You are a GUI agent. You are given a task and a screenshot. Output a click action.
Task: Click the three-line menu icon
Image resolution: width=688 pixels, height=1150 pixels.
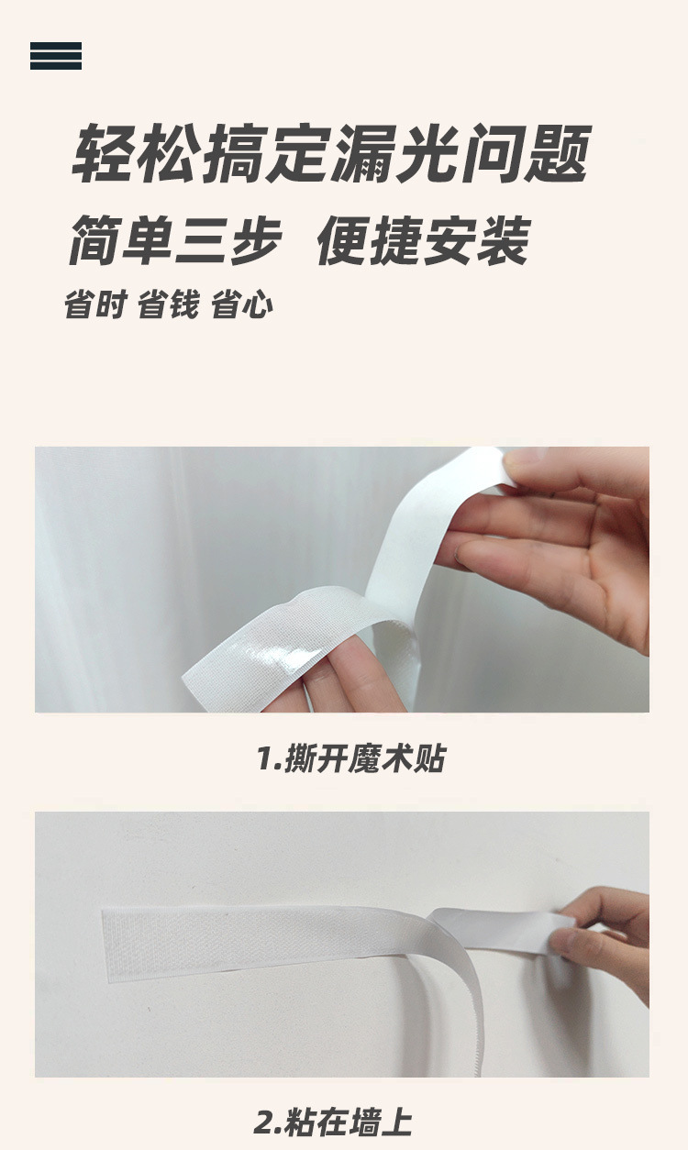pos(55,55)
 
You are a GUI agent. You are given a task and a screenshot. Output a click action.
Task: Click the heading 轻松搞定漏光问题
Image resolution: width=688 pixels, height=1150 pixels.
pos(331,153)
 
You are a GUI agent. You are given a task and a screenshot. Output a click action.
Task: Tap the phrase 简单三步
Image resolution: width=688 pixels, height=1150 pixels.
pos(174,239)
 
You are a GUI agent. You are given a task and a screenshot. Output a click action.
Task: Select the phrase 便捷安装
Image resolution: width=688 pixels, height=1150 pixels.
pos(423,239)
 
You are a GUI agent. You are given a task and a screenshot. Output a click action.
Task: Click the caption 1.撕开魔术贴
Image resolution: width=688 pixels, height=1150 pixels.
pos(351,757)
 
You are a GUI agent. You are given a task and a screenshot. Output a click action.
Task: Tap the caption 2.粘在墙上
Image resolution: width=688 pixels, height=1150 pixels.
pos(333,1121)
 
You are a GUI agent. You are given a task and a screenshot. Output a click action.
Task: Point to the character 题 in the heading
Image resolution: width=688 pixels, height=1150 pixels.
pos(559,153)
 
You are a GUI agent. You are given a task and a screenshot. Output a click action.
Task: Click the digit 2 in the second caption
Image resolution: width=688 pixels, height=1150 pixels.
pos(266,1122)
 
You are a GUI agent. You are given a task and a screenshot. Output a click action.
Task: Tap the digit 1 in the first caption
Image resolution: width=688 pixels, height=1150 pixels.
pos(265,758)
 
